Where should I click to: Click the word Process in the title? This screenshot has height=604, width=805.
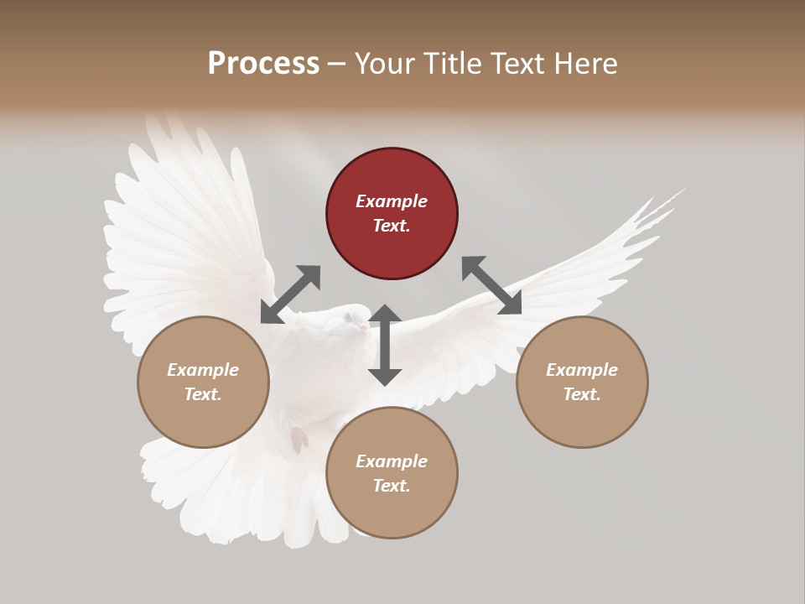pyautogui.click(x=263, y=63)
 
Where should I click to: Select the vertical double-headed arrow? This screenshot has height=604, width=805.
pyautogui.click(x=385, y=345)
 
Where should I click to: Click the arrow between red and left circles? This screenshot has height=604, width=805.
pyautogui.click(x=290, y=294)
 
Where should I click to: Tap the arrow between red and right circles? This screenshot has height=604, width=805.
pyautogui.click(x=491, y=285)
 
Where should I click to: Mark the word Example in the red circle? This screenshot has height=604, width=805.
pyautogui.click(x=392, y=201)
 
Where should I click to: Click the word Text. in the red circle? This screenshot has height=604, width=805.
pyautogui.click(x=392, y=226)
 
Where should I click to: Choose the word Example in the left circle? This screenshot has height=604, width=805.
pyautogui.click(x=203, y=370)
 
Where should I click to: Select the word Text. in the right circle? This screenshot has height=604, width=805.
pyautogui.click(x=582, y=394)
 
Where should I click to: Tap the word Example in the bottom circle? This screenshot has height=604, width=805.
pyautogui.click(x=392, y=461)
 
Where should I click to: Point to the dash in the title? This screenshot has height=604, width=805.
pyautogui.click(x=336, y=64)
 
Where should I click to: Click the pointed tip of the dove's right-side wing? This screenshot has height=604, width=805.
pyautogui.click(x=684, y=190)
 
